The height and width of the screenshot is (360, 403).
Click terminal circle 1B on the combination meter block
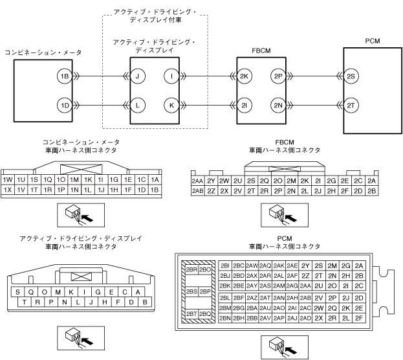[64, 76]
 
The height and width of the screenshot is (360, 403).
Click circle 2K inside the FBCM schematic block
[244, 76]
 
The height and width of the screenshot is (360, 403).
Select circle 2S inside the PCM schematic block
[351, 76]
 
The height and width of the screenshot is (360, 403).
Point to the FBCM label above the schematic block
[261, 49]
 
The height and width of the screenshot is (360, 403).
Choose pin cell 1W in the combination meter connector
[8, 179]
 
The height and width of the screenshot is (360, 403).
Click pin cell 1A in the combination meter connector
[155, 179]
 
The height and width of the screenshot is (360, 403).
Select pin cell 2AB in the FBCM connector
[198, 191]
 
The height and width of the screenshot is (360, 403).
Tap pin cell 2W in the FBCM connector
[224, 181]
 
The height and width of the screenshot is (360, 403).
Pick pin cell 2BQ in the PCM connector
[205, 314]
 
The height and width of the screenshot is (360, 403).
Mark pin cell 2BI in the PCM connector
[225, 265]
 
